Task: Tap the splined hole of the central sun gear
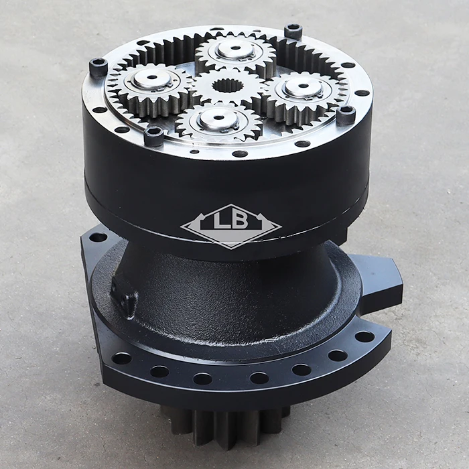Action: click(228, 86)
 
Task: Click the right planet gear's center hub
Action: click(304, 86)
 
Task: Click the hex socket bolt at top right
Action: click(293, 31)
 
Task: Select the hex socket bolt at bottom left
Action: click(153, 135)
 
